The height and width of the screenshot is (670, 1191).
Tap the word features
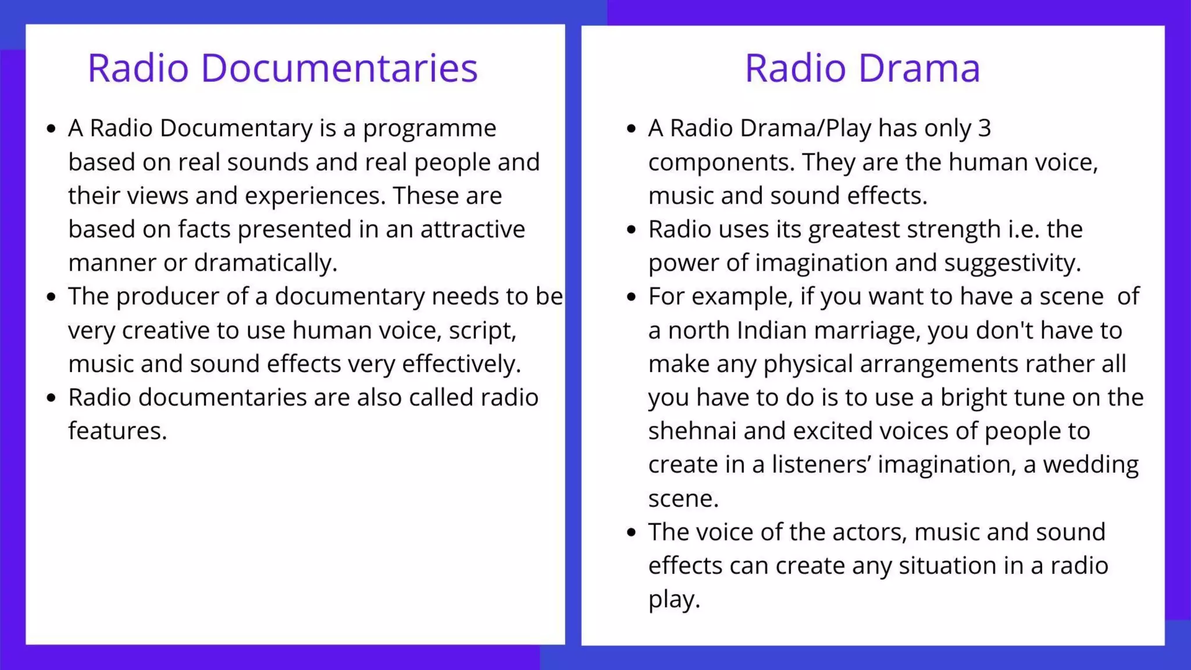click(x=117, y=432)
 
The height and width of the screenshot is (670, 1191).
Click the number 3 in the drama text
click(x=984, y=129)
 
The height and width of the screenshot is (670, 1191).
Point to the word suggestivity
click(x=1012, y=263)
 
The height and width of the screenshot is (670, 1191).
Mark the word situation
click(x=947, y=566)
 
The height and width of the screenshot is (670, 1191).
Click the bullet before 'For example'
click(x=632, y=297)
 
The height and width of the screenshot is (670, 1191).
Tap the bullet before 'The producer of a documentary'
click(x=51, y=297)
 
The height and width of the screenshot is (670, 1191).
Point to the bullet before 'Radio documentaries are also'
click(x=51, y=398)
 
